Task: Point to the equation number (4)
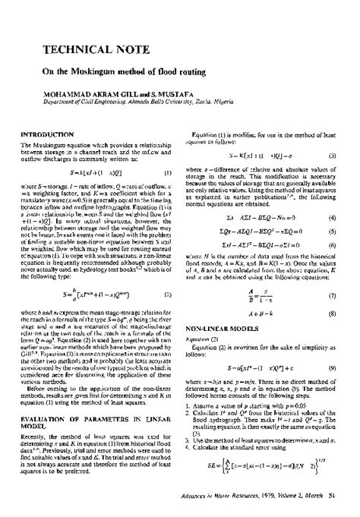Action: point(343,218)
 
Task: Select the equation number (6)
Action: point(343,247)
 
